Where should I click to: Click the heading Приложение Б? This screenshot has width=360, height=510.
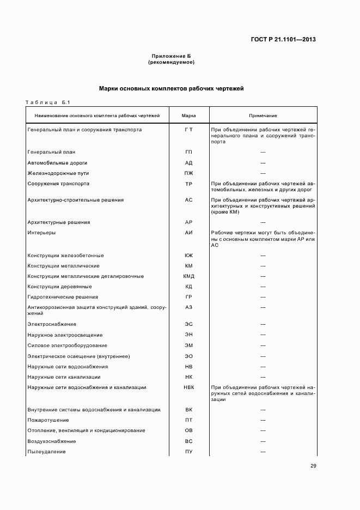click(x=171, y=56)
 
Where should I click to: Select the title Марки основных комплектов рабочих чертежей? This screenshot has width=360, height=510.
click(x=171, y=88)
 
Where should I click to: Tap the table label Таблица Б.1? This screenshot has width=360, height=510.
click(x=45, y=102)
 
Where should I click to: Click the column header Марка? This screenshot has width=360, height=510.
click(x=188, y=116)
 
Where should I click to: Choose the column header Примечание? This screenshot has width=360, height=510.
click(x=263, y=116)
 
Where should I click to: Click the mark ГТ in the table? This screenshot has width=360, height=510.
click(x=188, y=130)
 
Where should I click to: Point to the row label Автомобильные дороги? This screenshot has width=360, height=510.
click(x=57, y=163)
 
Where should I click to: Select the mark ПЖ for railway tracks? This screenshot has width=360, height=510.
click(x=188, y=173)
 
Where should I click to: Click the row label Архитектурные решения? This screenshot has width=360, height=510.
click(x=59, y=222)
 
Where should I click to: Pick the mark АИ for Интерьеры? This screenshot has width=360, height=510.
click(x=188, y=233)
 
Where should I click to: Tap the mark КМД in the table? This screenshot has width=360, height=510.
click(x=188, y=276)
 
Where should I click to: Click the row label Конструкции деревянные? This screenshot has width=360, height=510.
click(x=59, y=287)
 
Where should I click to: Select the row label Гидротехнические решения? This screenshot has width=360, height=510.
click(x=63, y=297)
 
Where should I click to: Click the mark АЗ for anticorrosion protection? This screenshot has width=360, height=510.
click(x=188, y=307)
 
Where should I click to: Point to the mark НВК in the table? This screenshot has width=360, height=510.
click(x=188, y=387)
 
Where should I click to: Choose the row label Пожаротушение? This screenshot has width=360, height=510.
click(x=48, y=420)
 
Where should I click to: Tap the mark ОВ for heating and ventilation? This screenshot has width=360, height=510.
click(x=188, y=430)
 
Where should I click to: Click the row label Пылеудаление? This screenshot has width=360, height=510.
click(x=46, y=452)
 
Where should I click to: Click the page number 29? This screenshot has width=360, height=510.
click(x=313, y=466)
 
